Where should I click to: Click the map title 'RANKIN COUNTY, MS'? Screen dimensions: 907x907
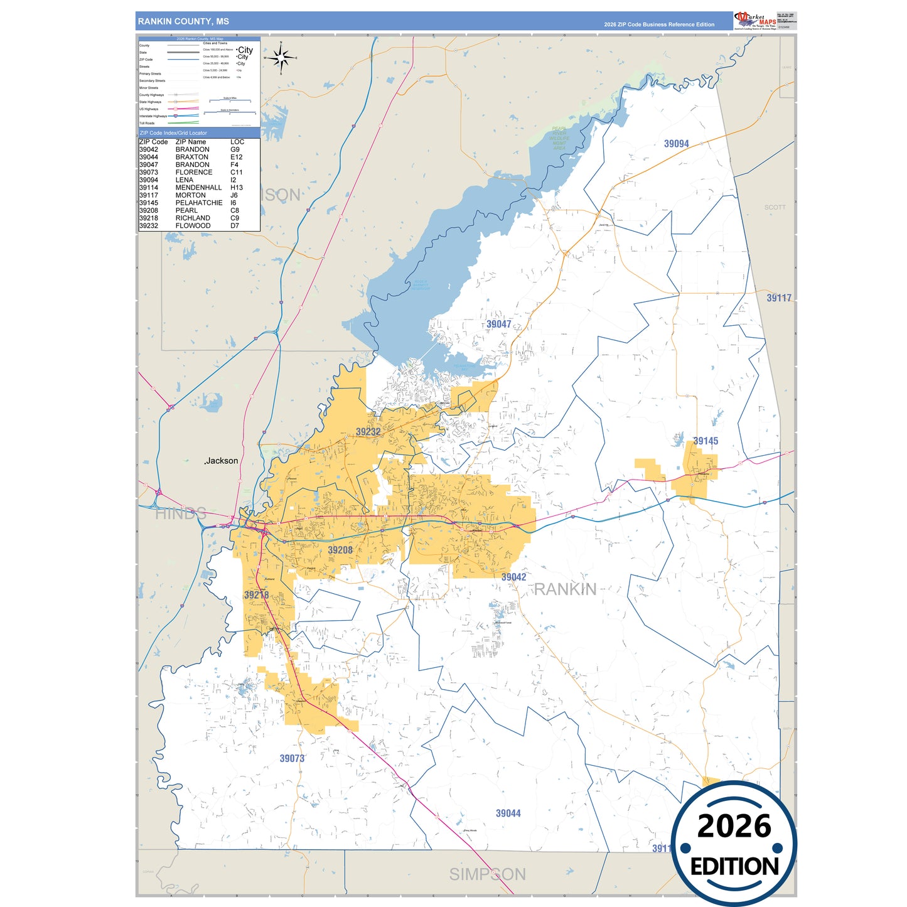click(x=183, y=21)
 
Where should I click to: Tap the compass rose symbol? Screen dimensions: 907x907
click(x=281, y=58)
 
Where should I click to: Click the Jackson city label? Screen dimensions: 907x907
click(x=222, y=461)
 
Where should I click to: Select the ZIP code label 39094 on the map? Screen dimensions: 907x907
click(x=676, y=144)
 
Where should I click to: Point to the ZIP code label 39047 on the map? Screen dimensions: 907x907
click(x=498, y=324)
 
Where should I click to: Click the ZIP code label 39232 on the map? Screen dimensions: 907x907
click(x=368, y=432)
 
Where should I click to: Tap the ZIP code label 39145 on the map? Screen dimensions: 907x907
click(x=705, y=441)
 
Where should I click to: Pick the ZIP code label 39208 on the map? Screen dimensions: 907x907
click(x=340, y=550)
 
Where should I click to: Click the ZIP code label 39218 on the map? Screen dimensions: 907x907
click(x=256, y=595)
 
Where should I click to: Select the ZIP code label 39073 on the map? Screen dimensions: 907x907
click(x=292, y=758)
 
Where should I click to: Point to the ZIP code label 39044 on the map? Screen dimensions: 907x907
click(x=508, y=813)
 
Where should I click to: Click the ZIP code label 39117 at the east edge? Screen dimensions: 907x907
click(x=778, y=298)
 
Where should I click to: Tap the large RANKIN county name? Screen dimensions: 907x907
click(x=565, y=589)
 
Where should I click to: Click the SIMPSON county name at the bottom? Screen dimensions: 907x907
click(x=487, y=874)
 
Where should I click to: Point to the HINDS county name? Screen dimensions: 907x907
click(x=181, y=513)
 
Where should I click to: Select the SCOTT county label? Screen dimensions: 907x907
click(x=775, y=207)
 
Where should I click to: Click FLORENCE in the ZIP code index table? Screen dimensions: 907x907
click(x=194, y=173)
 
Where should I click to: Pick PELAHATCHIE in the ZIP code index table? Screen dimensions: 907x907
click(x=199, y=203)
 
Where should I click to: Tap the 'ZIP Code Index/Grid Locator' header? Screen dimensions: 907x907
click(x=173, y=133)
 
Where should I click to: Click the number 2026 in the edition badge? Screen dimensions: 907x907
click(x=734, y=826)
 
